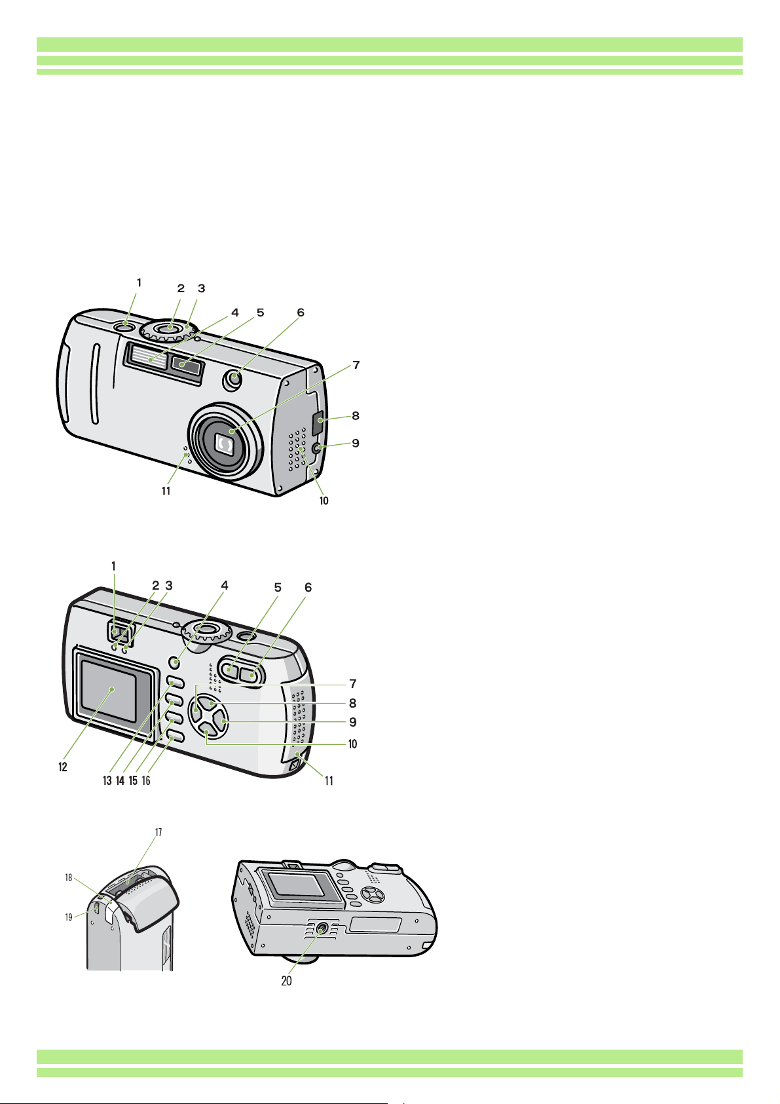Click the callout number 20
tap(286, 981)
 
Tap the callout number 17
tap(158, 833)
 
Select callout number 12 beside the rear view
tap(63, 767)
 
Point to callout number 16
tap(146, 781)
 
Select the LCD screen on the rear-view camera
tap(109, 691)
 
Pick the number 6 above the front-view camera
tap(301, 313)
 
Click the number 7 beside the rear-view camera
tap(353, 683)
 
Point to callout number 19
tap(69, 917)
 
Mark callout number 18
tap(69, 878)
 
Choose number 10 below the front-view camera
tap(324, 501)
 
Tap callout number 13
tap(107, 781)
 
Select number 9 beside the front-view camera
tap(355, 443)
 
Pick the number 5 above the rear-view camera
tap(278, 588)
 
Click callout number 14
tap(120, 781)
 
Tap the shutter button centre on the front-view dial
tap(170, 327)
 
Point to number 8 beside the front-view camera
tap(355, 416)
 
